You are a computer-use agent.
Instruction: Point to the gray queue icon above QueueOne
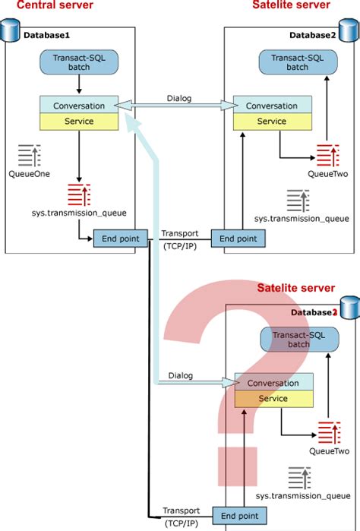[30, 156]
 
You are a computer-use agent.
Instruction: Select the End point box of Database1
[120, 239]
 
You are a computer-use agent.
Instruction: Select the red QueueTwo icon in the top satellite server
[328, 156]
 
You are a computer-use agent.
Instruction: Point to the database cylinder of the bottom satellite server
[349, 308]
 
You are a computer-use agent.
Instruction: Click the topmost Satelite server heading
[291, 6]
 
